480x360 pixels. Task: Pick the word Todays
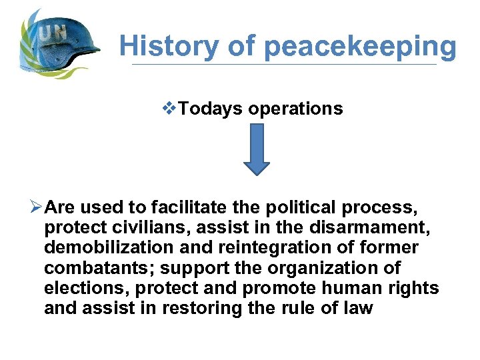211,109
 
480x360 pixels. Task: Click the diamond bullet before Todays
173,109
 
